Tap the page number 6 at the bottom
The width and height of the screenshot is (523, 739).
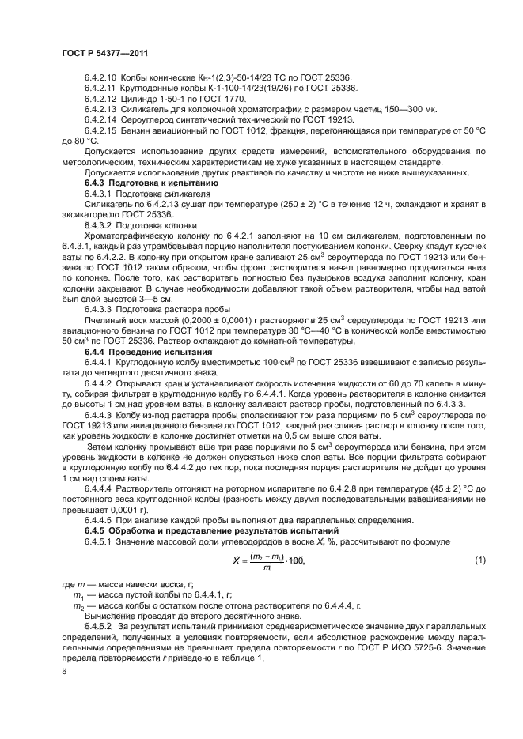tap(64, 670)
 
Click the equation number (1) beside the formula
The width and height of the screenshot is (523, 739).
tap(479, 560)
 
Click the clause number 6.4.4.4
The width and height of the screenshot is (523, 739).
tap(99, 489)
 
